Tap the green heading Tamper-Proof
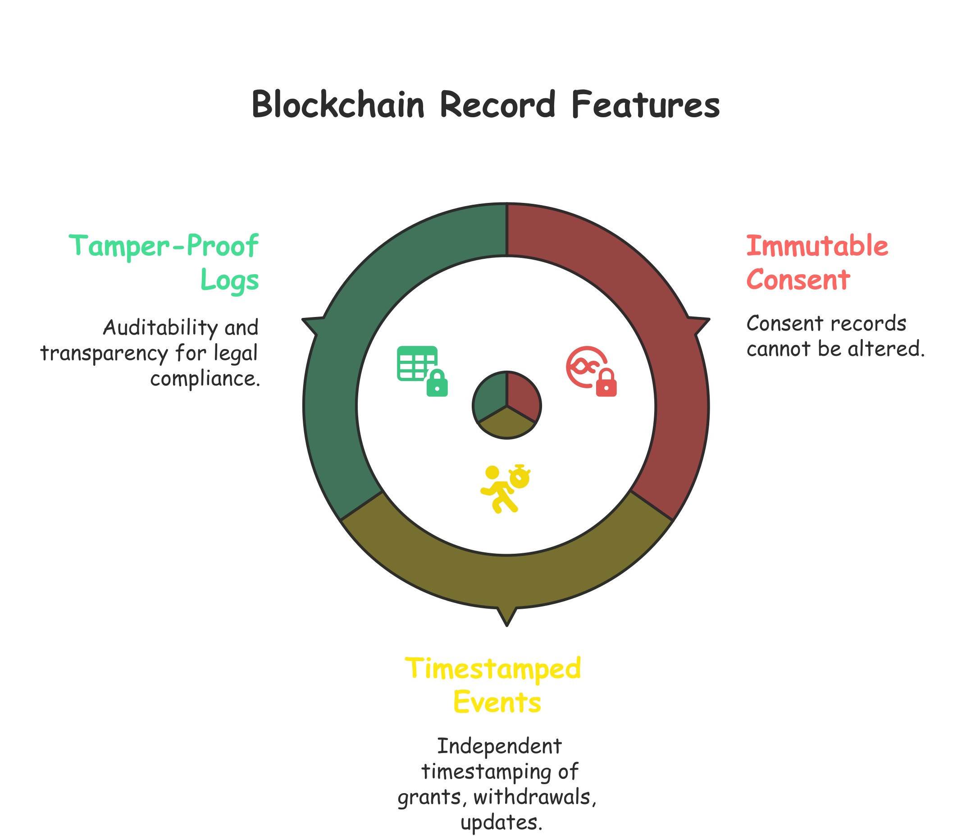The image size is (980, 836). point(164,246)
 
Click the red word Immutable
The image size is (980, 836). point(817,246)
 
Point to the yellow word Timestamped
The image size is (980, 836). point(493,668)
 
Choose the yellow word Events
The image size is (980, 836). point(497,702)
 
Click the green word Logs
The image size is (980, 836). point(229,280)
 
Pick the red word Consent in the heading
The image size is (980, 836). point(798,280)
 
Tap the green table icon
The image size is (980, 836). point(416,363)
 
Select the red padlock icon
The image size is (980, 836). point(606,383)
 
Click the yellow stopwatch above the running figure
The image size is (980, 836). point(520,477)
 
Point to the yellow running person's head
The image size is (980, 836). point(492,473)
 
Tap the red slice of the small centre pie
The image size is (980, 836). point(522,395)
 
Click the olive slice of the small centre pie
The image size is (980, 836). point(506,425)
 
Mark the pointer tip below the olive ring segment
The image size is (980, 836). point(506,624)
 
